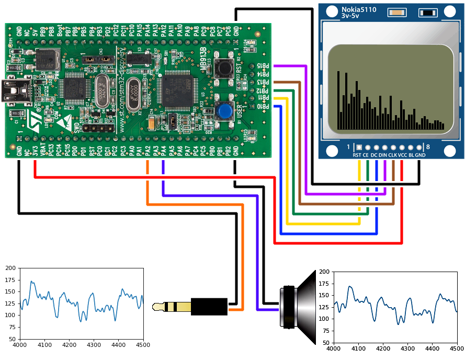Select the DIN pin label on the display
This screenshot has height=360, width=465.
point(383,155)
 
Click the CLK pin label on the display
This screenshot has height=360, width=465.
point(392,155)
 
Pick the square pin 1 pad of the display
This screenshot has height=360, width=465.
point(359,148)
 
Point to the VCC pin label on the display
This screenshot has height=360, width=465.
point(402,155)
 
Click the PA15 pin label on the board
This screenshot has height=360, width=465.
point(140,31)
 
